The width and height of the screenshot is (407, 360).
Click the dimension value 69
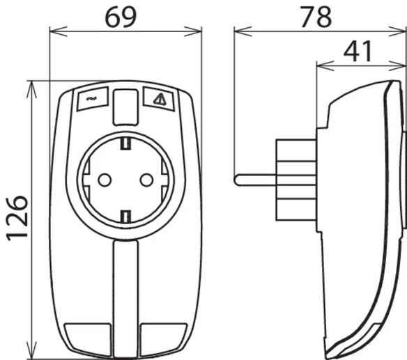coord(121,17)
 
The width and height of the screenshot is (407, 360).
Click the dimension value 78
coord(316,17)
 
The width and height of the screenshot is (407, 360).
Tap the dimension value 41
coord(358,52)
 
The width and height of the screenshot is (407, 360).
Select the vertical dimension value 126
coord(17,218)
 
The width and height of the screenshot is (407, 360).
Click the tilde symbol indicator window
coord(93,99)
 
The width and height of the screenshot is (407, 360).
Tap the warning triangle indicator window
coord(159,99)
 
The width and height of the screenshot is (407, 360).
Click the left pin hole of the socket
coord(105,180)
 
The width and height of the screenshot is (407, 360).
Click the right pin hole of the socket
coord(146,180)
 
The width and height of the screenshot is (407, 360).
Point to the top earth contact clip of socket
coord(125,143)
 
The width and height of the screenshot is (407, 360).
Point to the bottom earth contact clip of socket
coord(125,217)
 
